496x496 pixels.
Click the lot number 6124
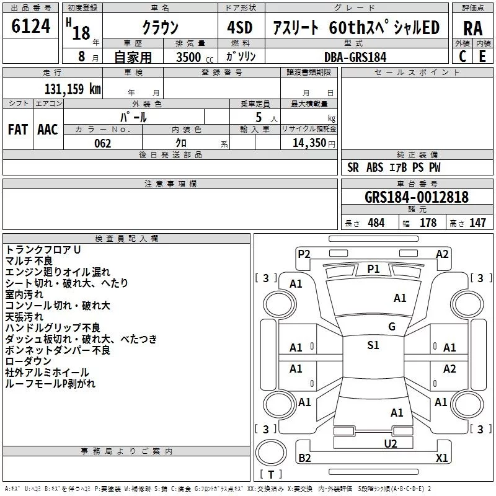(31, 27)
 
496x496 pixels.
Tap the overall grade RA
(472, 28)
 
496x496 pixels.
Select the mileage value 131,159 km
(73, 89)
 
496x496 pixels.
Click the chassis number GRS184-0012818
(417, 197)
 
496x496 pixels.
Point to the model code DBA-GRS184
(355, 56)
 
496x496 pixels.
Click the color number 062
(103, 143)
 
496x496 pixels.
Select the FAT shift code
(18, 130)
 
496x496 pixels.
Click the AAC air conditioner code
(48, 130)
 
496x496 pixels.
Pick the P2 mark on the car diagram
(304, 254)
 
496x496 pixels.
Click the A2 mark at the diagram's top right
(442, 254)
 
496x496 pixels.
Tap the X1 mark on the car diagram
(442, 458)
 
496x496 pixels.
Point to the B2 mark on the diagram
(304, 458)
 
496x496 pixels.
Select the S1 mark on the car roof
(373, 345)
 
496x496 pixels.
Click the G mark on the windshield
(391, 327)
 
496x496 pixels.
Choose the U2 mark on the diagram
(390, 443)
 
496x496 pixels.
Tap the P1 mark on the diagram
(373, 268)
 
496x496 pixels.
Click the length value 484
(376, 223)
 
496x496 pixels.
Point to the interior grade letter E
(482, 56)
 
